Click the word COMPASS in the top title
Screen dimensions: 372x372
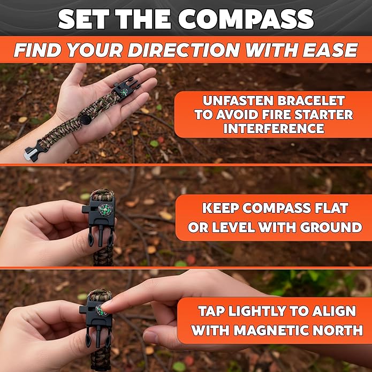click(246, 19)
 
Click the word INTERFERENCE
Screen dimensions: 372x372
click(274, 128)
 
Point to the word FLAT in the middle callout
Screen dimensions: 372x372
click(331, 208)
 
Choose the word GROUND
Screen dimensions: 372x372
click(331, 227)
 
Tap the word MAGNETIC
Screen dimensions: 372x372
click(271, 330)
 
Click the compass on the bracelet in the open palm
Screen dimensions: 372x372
click(124, 92)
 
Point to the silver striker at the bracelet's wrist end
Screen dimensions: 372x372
click(31, 154)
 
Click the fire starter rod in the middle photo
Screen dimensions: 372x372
click(101, 236)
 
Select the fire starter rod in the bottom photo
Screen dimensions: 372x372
click(99, 337)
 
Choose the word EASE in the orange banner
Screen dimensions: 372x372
click(330, 50)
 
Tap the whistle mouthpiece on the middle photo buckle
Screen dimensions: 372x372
click(86, 209)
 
